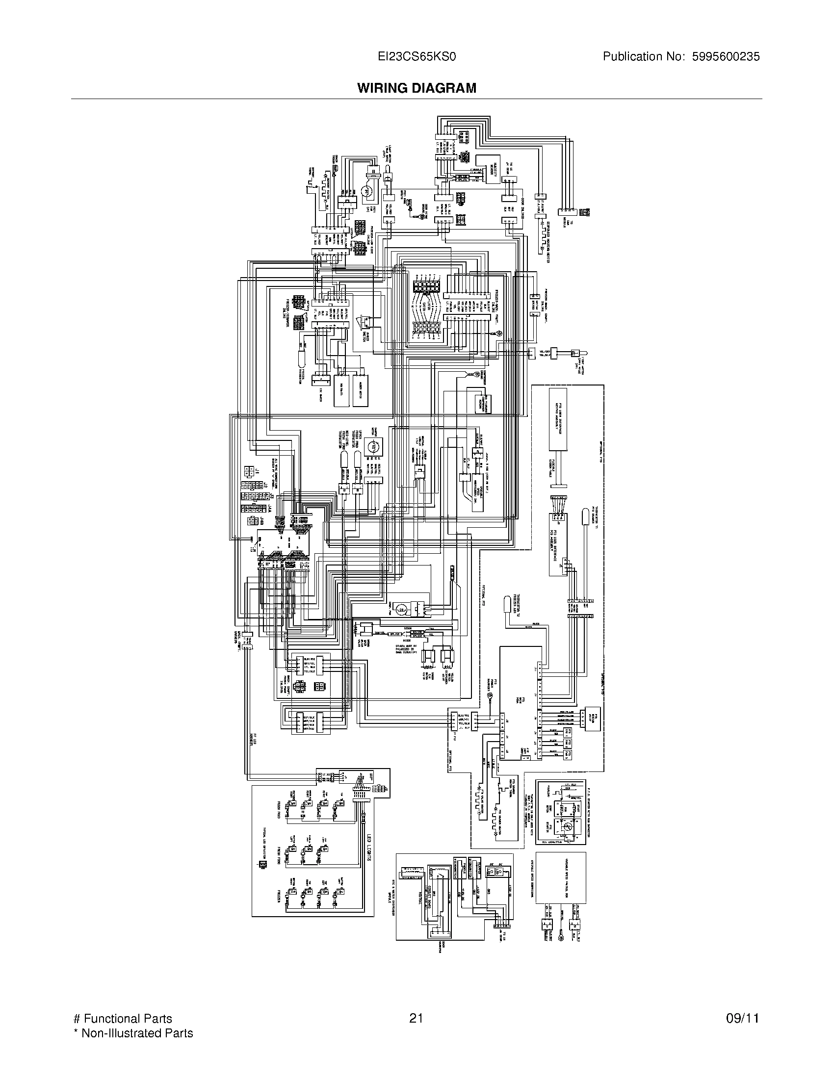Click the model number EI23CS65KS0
click(x=416, y=57)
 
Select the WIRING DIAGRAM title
click(x=417, y=88)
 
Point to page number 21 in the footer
click(x=416, y=1014)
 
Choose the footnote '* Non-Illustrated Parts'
click(x=133, y=1029)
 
